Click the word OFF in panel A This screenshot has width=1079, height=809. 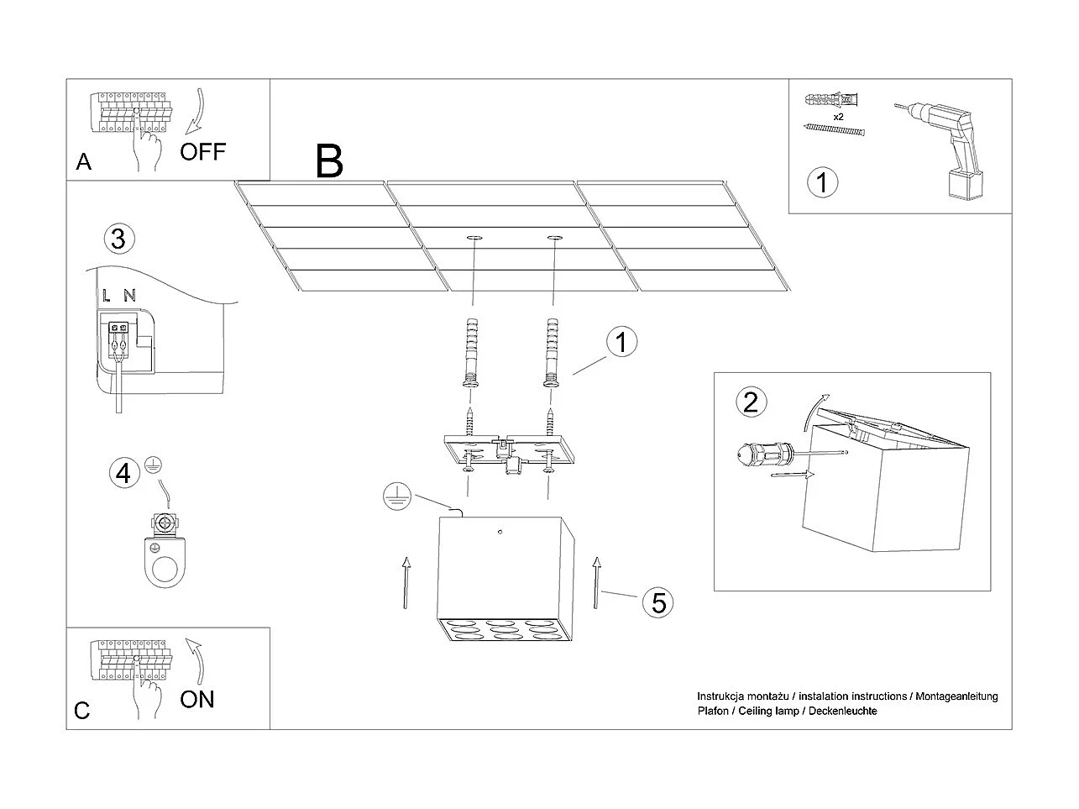(202, 152)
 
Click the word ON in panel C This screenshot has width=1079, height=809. (197, 699)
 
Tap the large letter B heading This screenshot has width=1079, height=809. (329, 161)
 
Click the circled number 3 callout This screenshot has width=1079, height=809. (118, 239)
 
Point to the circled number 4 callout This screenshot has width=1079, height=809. (123, 473)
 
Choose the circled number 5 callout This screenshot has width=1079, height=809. (658, 601)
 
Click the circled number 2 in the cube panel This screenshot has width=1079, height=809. (751, 402)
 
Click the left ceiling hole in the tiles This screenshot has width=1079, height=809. (474, 239)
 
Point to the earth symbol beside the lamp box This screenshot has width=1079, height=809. (394, 498)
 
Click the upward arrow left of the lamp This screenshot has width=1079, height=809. (406, 581)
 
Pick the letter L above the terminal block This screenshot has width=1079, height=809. (107, 295)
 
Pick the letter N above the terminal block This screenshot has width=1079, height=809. (128, 295)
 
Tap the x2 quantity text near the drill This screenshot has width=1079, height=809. (838, 117)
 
